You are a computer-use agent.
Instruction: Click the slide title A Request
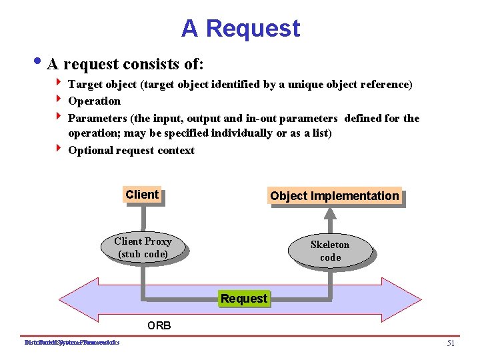point(241,28)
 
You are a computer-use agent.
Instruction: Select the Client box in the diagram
point(142,195)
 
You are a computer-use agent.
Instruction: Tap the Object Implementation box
point(335,196)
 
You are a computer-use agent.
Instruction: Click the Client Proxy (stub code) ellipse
point(143,247)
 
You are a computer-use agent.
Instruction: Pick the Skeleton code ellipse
point(330,251)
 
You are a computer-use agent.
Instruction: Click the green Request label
point(244,299)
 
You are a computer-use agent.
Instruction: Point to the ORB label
point(159,326)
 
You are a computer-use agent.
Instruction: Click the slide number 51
point(451,343)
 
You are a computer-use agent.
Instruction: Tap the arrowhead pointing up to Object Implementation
point(330,213)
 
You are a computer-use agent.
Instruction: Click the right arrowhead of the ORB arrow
point(425,295)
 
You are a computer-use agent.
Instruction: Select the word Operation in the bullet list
point(94,101)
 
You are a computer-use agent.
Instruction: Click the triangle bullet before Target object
point(59,84)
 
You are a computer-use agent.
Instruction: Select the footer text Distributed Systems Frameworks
point(71,343)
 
